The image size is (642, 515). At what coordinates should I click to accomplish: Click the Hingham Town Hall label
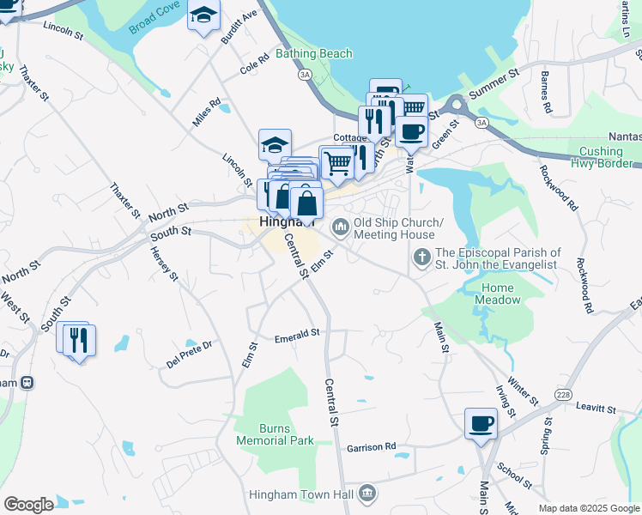pyautogui.click(x=302, y=494)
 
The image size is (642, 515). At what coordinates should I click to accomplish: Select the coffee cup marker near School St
pyautogui.click(x=481, y=422)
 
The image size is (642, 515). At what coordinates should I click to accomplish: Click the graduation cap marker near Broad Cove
pyautogui.click(x=204, y=15)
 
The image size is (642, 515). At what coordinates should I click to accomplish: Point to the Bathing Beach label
pyautogui.click(x=314, y=53)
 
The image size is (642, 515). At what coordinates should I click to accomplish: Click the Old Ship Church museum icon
pyautogui.click(x=340, y=227)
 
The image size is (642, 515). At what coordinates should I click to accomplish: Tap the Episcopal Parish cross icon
pyautogui.click(x=421, y=256)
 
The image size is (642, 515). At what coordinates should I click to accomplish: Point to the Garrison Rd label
pyautogui.click(x=372, y=447)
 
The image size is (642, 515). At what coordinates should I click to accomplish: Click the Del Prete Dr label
pyautogui.click(x=189, y=354)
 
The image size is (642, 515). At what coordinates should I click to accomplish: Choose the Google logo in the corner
pyautogui.click(x=28, y=504)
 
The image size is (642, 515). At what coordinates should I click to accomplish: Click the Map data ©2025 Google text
pyautogui.click(x=589, y=508)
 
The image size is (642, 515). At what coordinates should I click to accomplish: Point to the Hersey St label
pyautogui.click(x=163, y=264)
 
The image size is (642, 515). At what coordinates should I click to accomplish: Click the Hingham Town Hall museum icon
pyautogui.click(x=368, y=494)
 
